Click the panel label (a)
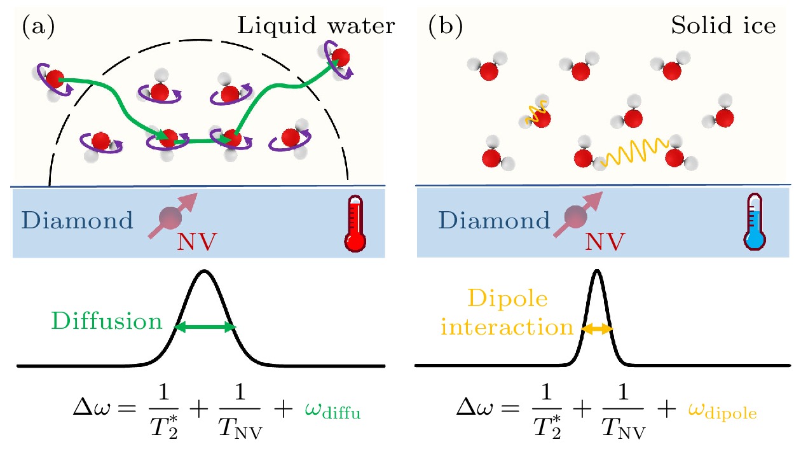click(39, 27)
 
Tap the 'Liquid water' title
click(315, 26)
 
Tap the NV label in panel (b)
click(601, 241)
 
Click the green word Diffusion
click(107, 321)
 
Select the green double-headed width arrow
click(205, 327)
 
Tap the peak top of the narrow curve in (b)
click(596, 271)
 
